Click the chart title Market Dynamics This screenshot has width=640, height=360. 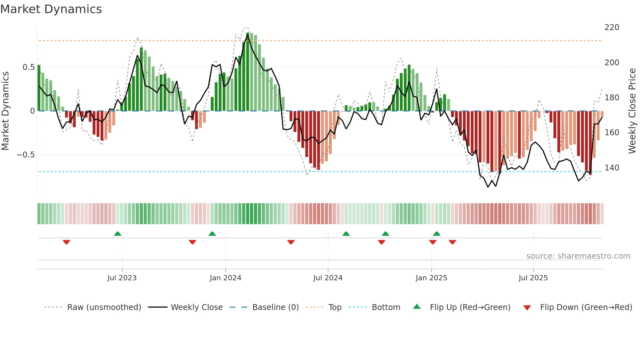click(x=51, y=9)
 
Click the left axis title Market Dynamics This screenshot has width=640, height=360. click(x=5, y=111)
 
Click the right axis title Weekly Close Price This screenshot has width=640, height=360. click(x=632, y=111)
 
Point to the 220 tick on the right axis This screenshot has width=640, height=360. click(x=612, y=27)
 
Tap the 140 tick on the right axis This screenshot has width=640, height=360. click(x=612, y=168)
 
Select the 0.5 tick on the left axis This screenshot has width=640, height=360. click(x=28, y=67)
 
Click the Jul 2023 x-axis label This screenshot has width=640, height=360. click(x=122, y=278)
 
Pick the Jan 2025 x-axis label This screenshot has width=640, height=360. click(x=431, y=278)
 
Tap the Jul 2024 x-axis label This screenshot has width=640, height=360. click(x=328, y=278)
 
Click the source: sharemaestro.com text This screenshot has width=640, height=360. click(x=578, y=256)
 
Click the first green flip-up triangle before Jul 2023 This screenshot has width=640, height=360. click(x=118, y=234)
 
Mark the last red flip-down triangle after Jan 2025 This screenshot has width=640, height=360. click(x=452, y=242)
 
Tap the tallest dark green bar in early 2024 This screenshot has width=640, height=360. click(x=248, y=72)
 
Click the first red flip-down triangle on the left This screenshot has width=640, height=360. click(x=66, y=242)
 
